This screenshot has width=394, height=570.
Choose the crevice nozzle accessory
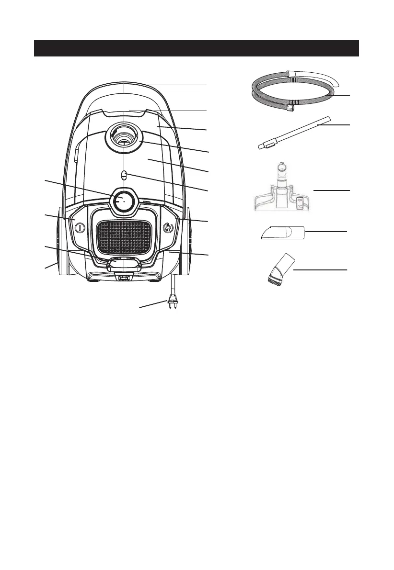coord(283,233)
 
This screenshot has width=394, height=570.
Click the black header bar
coord(197,48)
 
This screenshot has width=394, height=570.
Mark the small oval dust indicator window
coord(123,175)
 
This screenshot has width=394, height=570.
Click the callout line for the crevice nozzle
coord(326,231)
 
